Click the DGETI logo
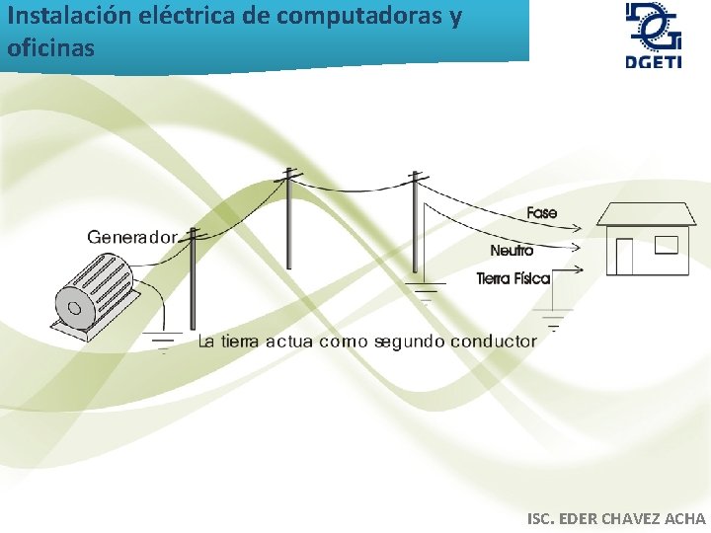click(x=652, y=37)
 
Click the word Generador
click(x=132, y=237)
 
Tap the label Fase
click(x=542, y=213)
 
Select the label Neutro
click(x=512, y=251)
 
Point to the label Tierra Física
click(x=513, y=279)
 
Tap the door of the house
click(x=624, y=257)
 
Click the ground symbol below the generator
click(x=163, y=342)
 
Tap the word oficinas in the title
click(x=50, y=46)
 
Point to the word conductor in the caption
click(x=493, y=342)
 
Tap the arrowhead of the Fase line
click(x=582, y=227)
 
